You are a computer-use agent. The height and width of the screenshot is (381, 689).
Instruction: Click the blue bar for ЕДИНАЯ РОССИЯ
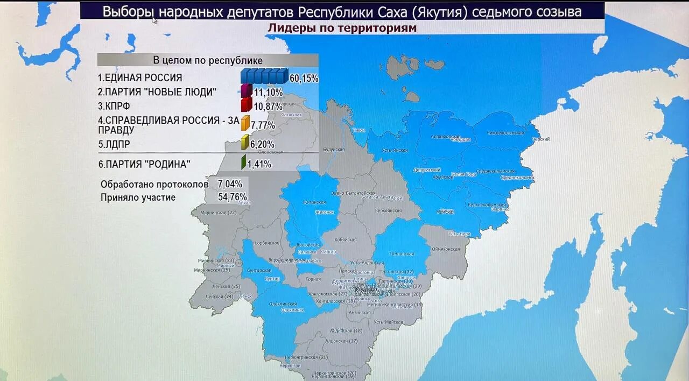264,76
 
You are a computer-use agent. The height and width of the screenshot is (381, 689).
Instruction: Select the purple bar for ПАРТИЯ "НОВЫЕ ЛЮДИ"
246,91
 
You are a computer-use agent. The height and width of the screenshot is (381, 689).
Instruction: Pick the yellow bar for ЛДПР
244,143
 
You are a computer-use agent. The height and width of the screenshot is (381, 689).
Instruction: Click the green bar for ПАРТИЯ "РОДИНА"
243,163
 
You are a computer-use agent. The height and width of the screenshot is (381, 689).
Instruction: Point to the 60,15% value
304,79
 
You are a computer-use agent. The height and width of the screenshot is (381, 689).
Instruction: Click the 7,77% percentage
263,125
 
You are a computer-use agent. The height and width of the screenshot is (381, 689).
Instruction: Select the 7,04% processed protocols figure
230,184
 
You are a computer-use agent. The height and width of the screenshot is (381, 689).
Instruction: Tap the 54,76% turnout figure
232,197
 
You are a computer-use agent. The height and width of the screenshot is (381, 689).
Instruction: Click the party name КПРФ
114,106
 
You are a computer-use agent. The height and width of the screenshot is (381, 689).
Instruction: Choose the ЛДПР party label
114,144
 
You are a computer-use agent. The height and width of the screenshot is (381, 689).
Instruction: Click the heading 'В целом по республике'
208,60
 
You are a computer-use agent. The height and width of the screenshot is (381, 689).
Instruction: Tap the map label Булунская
333,149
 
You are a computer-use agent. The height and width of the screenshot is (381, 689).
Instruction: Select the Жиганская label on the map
314,202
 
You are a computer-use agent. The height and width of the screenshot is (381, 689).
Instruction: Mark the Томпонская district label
402,253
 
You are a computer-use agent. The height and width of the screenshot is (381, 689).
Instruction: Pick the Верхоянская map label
389,210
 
